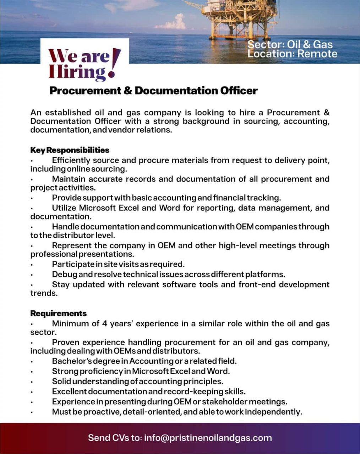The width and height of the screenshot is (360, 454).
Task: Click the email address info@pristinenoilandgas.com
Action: (208, 438)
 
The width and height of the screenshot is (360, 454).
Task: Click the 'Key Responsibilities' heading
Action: (70, 150)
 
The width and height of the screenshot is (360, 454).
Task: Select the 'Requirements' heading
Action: (59, 313)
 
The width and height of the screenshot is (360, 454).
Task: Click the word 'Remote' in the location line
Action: (317, 54)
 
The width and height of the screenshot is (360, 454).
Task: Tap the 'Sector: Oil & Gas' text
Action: (290, 44)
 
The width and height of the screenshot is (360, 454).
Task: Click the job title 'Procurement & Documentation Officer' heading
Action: (153, 91)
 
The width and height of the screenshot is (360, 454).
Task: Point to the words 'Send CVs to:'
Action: (115, 438)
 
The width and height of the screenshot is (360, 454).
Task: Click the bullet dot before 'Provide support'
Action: (32, 198)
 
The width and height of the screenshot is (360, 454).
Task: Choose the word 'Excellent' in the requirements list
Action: (69, 392)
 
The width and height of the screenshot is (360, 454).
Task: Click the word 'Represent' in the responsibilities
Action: (74, 245)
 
